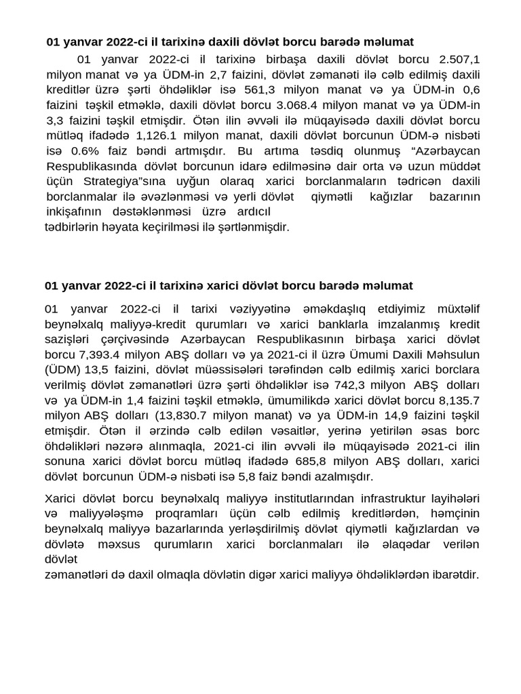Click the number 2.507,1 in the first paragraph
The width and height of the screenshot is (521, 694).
pos(460,60)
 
